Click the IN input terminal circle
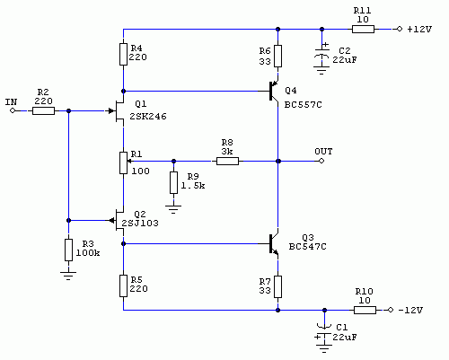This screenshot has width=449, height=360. click(x=13, y=110)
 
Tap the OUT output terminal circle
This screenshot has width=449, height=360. click(x=321, y=161)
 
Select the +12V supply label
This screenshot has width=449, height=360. click(x=419, y=29)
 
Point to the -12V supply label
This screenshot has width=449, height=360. click(x=410, y=310)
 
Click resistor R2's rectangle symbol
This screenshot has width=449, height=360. click(x=43, y=111)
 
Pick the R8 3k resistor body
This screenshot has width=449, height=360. click(x=227, y=162)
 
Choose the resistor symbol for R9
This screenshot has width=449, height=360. click(x=173, y=182)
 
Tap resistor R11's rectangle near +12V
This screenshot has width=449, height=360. click(x=363, y=29)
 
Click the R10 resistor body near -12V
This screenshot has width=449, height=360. click(x=365, y=310)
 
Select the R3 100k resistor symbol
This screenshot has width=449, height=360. click(x=68, y=250)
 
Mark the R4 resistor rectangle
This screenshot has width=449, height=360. click(x=123, y=54)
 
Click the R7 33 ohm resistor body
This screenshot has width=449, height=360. click(x=278, y=286)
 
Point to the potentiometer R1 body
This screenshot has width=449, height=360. click(x=123, y=162)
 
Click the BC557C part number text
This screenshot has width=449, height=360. click(x=303, y=105)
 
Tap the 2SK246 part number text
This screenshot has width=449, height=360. click(x=148, y=116)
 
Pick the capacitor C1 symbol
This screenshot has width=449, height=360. click(x=324, y=332)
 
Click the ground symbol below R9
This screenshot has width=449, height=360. click(x=173, y=209)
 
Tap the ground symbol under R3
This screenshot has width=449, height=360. click(x=68, y=276)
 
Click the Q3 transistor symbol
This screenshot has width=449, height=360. click(x=273, y=244)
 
